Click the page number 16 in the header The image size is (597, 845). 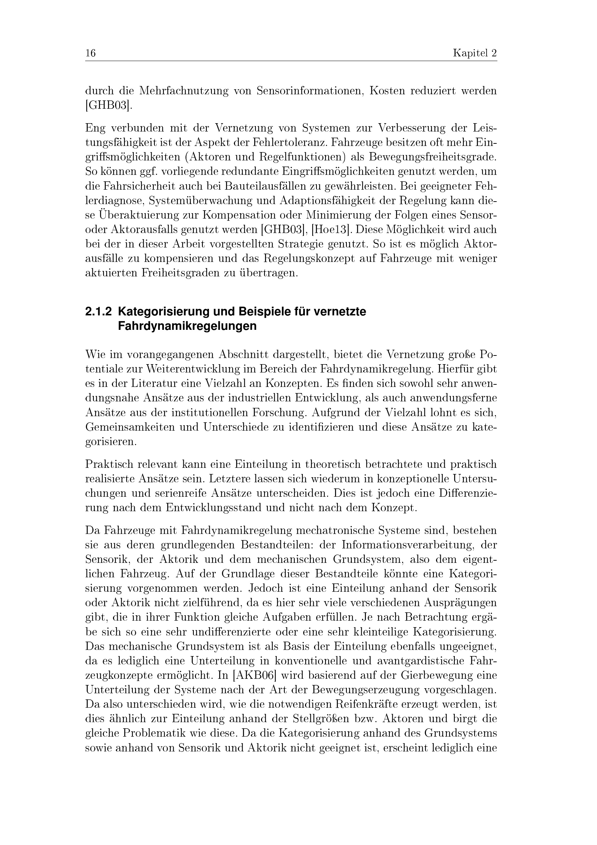tap(91, 54)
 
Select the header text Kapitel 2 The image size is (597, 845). tap(475, 54)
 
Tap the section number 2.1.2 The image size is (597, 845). tap(98, 312)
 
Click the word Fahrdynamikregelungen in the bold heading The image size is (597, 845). tap(187, 327)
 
